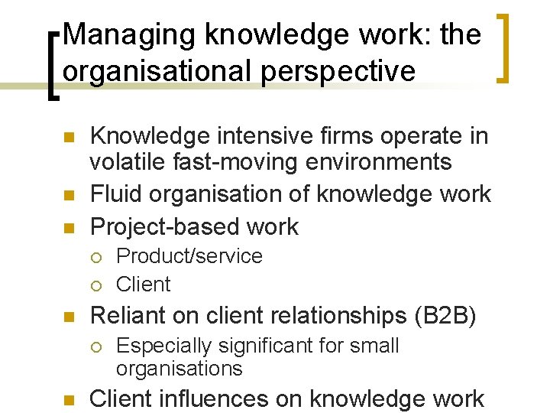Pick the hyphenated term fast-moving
point(232,162)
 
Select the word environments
point(379,162)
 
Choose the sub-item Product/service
point(189,256)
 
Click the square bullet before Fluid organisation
point(67,195)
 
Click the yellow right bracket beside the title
point(504,47)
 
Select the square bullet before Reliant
point(67,316)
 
